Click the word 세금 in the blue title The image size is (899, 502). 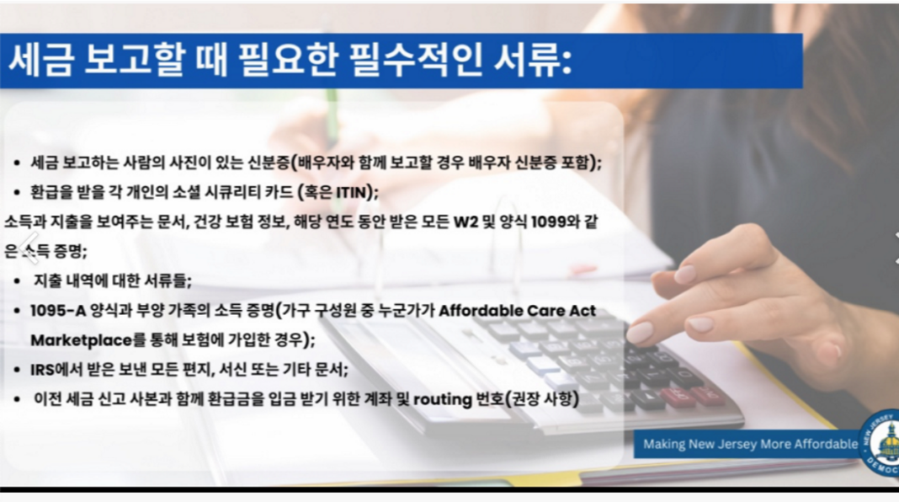(x=41, y=61)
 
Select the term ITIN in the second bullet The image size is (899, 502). (x=351, y=192)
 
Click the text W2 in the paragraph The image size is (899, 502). (x=465, y=222)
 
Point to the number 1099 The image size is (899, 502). (x=548, y=222)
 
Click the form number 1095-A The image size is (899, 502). (x=58, y=311)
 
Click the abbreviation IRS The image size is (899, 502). (x=42, y=370)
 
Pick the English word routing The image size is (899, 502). (x=443, y=399)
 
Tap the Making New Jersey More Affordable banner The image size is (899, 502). (x=750, y=444)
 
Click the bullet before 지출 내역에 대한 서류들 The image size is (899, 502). (x=18, y=281)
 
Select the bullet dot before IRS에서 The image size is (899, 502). (x=18, y=370)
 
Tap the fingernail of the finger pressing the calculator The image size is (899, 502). (x=640, y=331)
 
